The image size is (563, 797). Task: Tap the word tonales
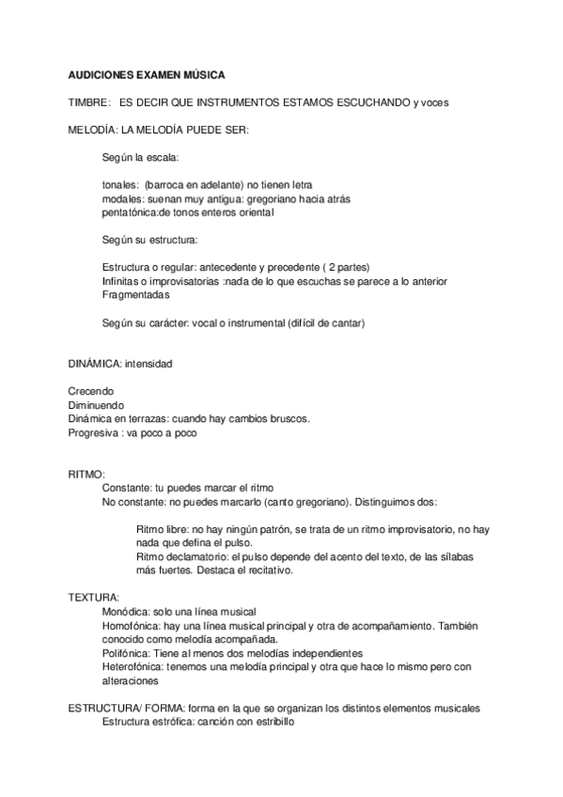[120, 185]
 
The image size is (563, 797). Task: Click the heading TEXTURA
[93, 598]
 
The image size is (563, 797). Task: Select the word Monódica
[126, 612]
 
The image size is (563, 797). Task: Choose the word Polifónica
[127, 652]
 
